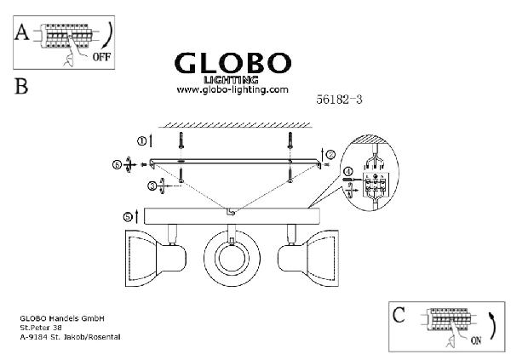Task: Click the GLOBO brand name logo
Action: coord(233,64)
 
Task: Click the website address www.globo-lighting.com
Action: coord(233,89)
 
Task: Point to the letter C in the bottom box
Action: coord(399,316)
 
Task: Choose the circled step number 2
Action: coord(330,153)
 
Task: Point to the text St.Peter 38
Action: coord(41,328)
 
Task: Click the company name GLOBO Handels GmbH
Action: coord(61,319)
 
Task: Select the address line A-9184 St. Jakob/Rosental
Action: coord(70,336)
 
